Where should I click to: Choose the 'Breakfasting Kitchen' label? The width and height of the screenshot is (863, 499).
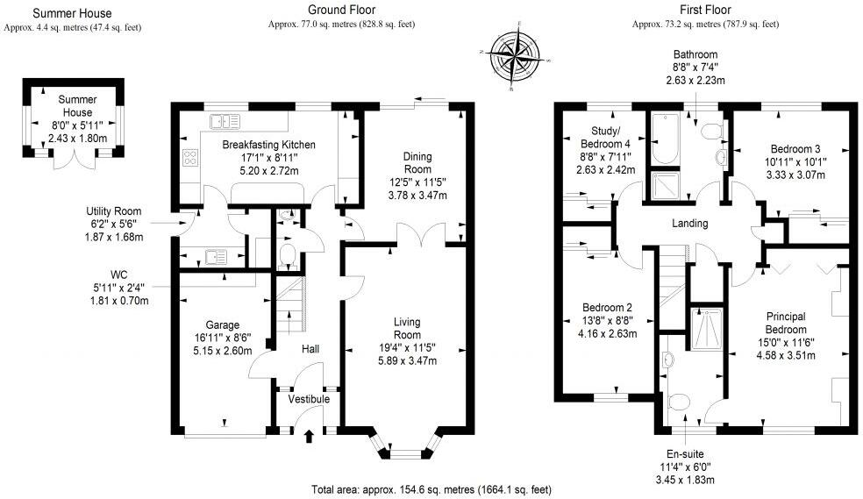point(268,144)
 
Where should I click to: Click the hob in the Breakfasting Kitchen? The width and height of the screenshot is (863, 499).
point(189,158)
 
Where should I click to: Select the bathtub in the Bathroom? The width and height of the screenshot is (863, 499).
point(662,141)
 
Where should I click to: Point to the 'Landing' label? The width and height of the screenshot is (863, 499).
point(689,224)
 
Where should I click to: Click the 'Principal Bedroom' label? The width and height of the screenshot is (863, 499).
point(786,322)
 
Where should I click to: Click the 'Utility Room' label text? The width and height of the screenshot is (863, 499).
point(113,211)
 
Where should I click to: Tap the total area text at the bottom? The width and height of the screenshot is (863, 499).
point(431,488)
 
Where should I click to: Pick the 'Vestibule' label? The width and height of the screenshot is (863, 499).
point(308,399)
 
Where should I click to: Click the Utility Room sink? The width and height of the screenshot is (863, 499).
point(211,257)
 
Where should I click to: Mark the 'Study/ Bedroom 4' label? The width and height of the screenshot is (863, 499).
point(604,137)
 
